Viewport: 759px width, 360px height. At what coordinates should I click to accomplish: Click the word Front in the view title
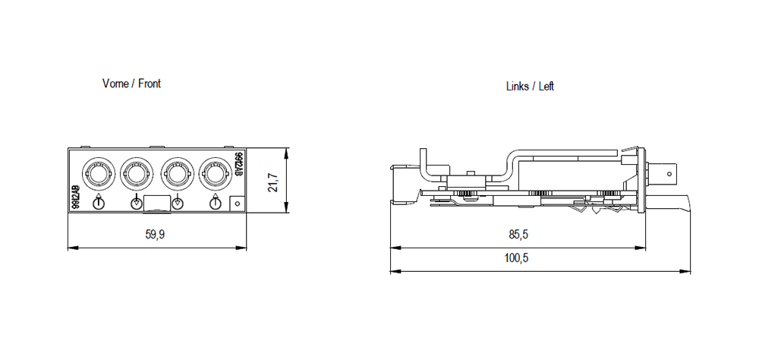coord(150,84)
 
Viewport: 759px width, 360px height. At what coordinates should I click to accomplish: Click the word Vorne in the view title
coord(115,84)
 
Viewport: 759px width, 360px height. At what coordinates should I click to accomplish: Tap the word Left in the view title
coord(546,87)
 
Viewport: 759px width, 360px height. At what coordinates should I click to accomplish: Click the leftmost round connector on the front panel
coord(97,175)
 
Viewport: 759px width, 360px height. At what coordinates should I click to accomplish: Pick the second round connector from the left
coord(137,175)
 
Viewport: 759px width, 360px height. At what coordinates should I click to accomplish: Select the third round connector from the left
coord(177,175)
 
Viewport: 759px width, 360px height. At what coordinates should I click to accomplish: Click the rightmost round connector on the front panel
coord(216,175)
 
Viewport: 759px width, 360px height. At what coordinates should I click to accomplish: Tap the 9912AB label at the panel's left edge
coord(76,197)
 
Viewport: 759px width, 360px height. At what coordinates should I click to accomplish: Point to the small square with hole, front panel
coord(237,203)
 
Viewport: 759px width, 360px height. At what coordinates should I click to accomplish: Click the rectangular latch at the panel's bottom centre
coord(156,203)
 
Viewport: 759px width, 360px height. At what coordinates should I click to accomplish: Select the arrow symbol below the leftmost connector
coord(97,202)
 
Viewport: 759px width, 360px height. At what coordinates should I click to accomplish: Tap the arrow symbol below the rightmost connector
coord(216,202)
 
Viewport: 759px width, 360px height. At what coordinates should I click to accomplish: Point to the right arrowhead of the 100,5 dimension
coord(689,271)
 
